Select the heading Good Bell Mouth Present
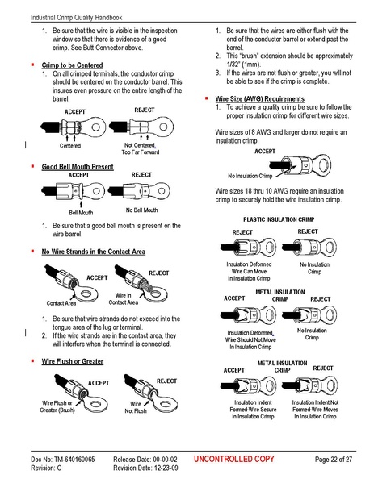78,166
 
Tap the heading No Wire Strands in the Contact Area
94,252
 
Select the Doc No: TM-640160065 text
59,459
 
